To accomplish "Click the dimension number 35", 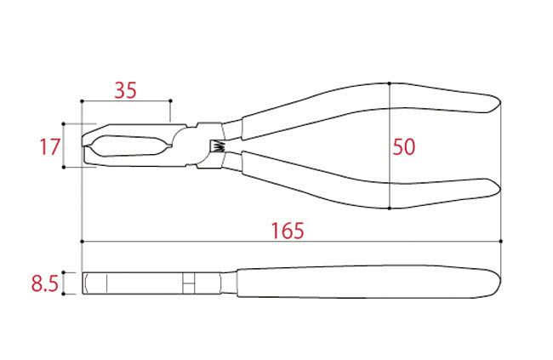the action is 125,90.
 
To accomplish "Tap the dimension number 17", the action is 49,147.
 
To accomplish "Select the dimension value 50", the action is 404,147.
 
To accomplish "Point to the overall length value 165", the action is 288,231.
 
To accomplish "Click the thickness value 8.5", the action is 45,283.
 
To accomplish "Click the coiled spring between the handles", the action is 217,146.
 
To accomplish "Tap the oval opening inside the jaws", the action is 128,146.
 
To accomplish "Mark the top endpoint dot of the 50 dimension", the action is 390,83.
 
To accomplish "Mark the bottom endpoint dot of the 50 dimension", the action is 390,209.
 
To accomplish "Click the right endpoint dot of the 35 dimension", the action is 171,101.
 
